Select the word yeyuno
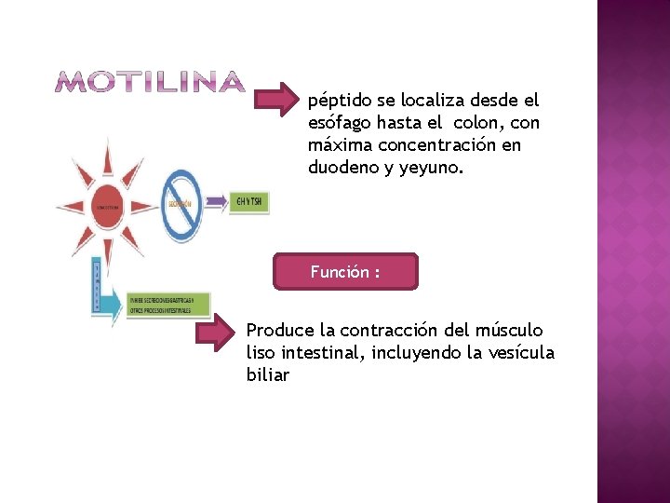[x=429, y=169]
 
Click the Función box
[x=345, y=272]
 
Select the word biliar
[x=267, y=375]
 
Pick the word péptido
[x=338, y=101]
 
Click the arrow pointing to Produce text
[x=217, y=334]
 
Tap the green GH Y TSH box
[x=249, y=200]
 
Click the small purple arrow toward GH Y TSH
[x=216, y=200]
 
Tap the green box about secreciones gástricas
[x=169, y=305]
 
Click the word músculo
[x=509, y=331]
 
